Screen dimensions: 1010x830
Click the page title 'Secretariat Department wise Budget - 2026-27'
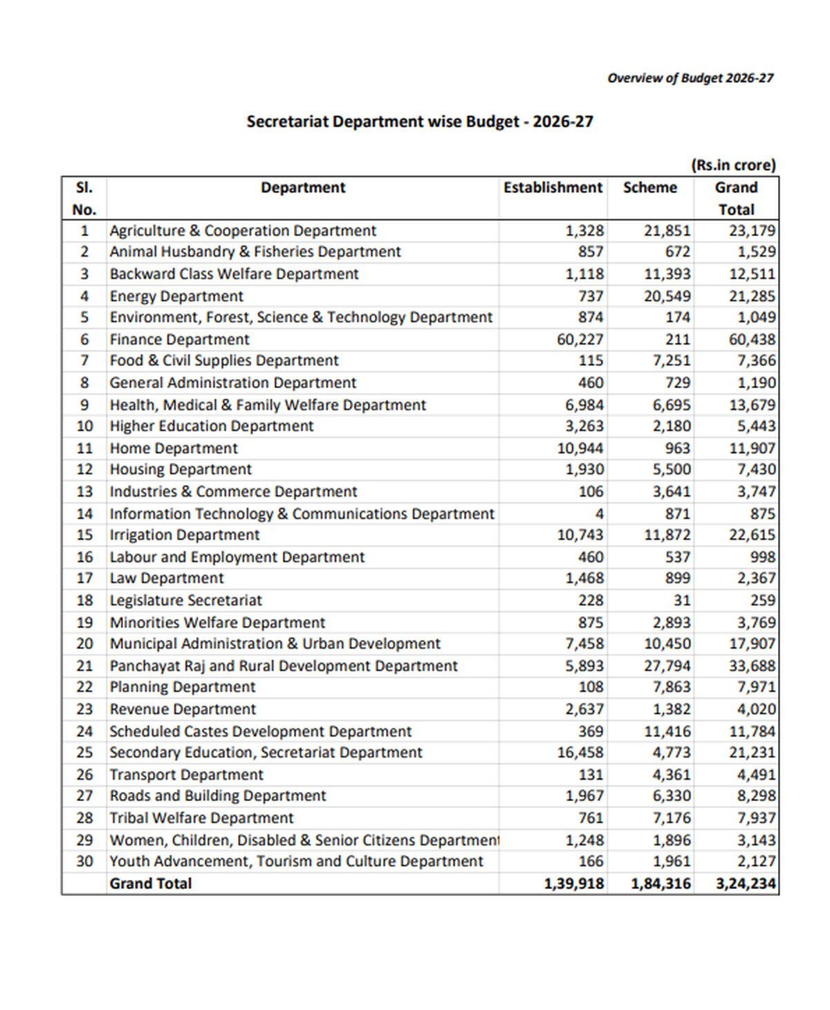coord(420,122)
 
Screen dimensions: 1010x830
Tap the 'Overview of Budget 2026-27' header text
coord(690,78)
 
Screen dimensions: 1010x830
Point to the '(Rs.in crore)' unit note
coord(733,165)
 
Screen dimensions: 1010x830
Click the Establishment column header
coord(553,188)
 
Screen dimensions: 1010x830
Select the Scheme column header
coord(649,188)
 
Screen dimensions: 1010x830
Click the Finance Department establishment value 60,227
coord(580,340)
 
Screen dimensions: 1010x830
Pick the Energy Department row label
coord(176,296)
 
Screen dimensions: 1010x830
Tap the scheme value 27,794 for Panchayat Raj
coord(667,666)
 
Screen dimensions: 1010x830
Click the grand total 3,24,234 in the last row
coord(746,884)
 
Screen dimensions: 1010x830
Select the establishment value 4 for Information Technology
coord(599,514)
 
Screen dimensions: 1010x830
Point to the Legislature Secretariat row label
coord(185,600)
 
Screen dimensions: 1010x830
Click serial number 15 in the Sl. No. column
coord(84,535)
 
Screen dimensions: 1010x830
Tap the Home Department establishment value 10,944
coord(580,448)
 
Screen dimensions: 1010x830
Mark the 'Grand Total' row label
coord(150,884)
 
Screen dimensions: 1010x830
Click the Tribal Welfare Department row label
coord(201,818)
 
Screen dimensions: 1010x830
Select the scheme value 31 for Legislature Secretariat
coord(682,600)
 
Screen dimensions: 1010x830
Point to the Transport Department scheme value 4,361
coord(671,775)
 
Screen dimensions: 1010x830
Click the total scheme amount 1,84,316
coord(661,884)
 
